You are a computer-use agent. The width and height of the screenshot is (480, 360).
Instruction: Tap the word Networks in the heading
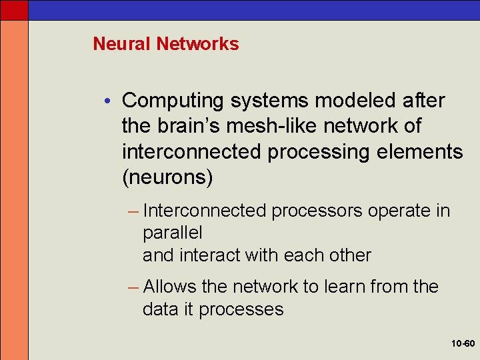click(197, 44)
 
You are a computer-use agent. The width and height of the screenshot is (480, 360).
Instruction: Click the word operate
click(396, 211)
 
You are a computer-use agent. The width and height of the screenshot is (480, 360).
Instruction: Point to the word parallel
click(172, 233)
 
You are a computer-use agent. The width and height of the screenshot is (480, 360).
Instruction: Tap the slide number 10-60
click(461, 344)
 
